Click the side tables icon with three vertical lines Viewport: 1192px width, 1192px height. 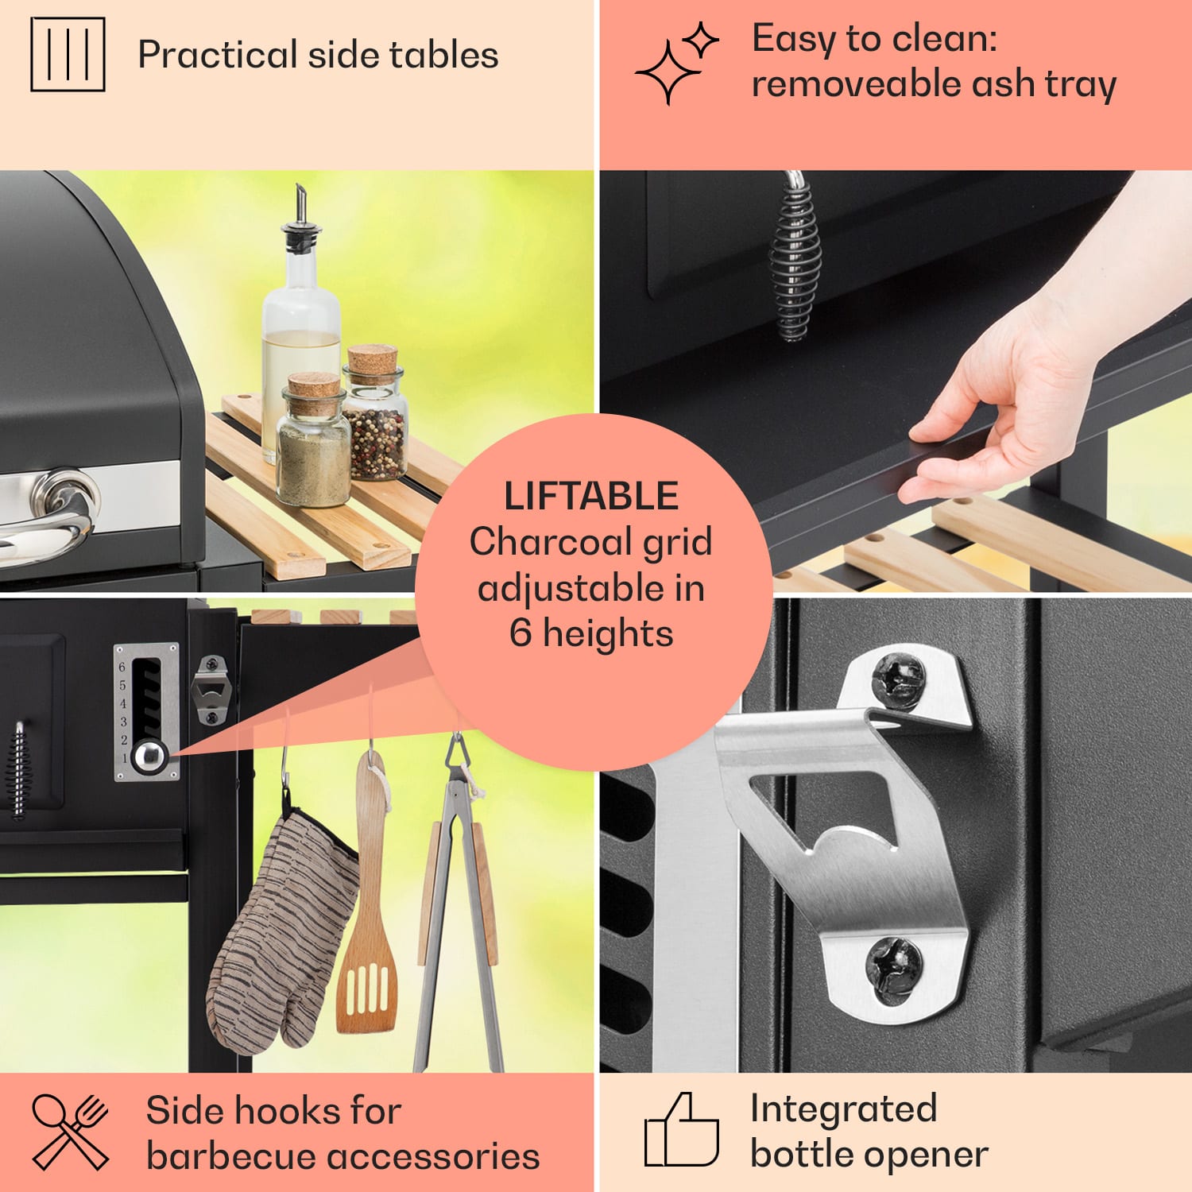[x=68, y=54]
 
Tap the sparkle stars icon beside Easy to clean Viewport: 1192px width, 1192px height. [x=676, y=63]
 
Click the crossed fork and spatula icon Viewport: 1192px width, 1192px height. [x=70, y=1132]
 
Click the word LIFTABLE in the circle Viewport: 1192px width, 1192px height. [x=591, y=496]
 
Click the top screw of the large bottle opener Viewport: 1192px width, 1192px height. [x=899, y=680]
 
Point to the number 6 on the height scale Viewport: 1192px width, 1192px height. [x=122, y=667]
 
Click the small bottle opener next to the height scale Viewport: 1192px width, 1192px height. [x=211, y=690]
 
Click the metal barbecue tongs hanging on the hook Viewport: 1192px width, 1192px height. [x=459, y=906]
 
